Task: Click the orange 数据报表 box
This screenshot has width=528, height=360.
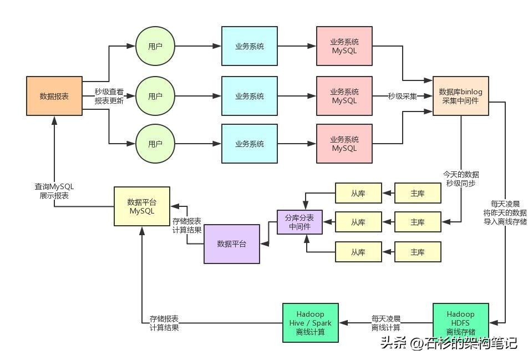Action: click(x=54, y=96)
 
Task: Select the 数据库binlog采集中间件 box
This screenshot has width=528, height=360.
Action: click(x=460, y=96)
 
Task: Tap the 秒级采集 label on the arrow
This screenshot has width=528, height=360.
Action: click(x=402, y=96)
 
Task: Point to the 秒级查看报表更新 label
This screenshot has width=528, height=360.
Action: click(x=109, y=96)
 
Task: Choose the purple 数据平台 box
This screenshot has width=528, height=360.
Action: click(x=231, y=244)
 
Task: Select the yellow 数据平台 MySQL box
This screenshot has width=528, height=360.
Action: click(x=141, y=206)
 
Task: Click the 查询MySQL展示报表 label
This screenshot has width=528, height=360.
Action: click(x=54, y=191)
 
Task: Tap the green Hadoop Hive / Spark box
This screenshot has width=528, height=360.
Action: click(x=310, y=323)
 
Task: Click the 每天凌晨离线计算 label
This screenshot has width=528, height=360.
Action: click(x=386, y=323)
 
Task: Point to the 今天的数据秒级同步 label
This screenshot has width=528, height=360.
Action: click(x=460, y=179)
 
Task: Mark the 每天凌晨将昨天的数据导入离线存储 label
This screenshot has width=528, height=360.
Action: click(x=505, y=212)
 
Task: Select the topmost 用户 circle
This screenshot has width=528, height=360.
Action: click(x=155, y=47)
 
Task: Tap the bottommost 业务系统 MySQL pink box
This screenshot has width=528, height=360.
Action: click(x=344, y=144)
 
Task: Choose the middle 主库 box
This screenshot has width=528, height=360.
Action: click(x=418, y=222)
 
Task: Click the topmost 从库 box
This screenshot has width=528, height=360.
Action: click(x=358, y=193)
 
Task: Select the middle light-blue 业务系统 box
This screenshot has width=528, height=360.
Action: click(x=249, y=96)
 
